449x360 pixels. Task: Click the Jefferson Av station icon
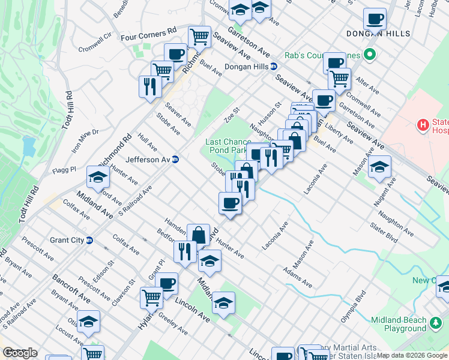[x=175, y=160]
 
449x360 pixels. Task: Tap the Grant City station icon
[x=89, y=240]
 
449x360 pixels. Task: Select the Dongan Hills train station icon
[x=273, y=67]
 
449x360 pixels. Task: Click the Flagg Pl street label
[x=64, y=169]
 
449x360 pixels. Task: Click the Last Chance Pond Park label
[x=232, y=146]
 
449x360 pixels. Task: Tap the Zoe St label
[x=232, y=113]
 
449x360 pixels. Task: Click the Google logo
[x=20, y=353]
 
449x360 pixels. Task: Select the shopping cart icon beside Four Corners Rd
[x=199, y=37]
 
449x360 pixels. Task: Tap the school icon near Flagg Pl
[x=98, y=177]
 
